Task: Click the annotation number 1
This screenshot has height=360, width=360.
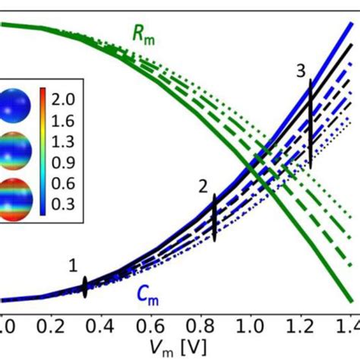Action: (73, 265)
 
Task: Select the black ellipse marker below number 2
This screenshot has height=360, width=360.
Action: (214, 217)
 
